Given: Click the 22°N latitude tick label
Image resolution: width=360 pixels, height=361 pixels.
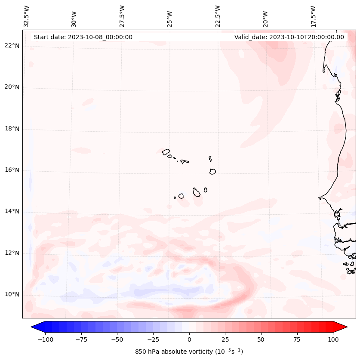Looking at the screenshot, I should [12, 46].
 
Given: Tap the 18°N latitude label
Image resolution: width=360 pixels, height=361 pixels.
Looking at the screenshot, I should [12, 129].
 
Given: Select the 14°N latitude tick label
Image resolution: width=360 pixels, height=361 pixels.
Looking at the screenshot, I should [12, 212].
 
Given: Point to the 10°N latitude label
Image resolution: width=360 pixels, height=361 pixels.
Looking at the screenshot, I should [12, 295].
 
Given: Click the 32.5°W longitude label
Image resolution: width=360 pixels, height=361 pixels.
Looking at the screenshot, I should [27, 16].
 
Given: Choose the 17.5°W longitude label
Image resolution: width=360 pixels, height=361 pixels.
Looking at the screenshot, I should [313, 16].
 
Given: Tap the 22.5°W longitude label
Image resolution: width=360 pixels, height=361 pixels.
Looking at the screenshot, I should [218, 16].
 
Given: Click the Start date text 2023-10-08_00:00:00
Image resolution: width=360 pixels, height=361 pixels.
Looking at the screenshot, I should [83, 37].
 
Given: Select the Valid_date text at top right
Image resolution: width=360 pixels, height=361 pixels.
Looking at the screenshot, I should [289, 37].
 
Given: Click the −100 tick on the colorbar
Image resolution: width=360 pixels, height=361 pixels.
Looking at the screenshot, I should [46, 339].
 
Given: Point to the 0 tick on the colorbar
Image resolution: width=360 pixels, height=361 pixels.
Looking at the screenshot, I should [189, 339].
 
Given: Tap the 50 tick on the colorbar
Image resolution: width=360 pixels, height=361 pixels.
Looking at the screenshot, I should [261, 339].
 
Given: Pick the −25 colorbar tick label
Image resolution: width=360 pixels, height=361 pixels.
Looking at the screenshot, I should [153, 339].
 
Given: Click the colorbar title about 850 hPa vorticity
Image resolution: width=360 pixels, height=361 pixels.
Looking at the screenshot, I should [189, 352].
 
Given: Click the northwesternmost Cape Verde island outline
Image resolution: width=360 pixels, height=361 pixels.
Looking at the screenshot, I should [166, 152].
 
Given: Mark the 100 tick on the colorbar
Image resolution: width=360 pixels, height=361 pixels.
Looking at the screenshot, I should [333, 339].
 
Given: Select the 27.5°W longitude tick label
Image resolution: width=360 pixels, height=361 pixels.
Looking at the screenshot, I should [122, 16].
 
